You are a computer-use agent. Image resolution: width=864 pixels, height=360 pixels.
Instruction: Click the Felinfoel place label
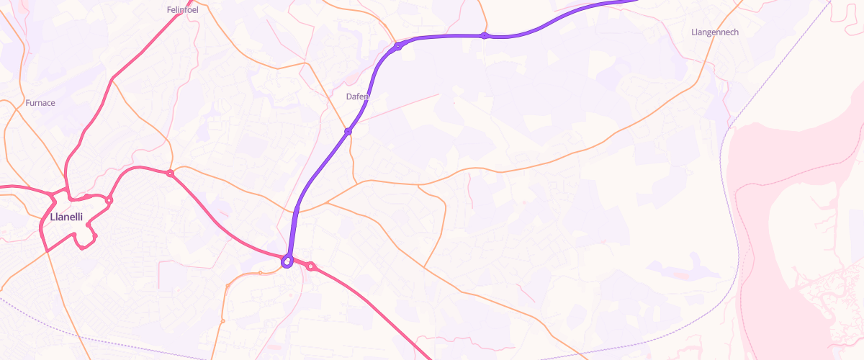coord(182,10)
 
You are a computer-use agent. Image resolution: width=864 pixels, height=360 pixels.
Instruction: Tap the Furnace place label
coord(40,103)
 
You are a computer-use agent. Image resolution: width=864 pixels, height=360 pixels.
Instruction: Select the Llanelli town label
coord(66,217)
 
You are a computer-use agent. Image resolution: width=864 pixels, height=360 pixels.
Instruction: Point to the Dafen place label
coord(358,96)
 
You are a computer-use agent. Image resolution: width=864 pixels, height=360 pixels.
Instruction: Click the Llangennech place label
coord(714,32)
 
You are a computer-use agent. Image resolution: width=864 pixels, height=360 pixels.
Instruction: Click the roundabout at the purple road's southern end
coord(287,261)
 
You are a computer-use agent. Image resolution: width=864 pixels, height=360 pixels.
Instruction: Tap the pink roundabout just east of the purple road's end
coord(311,266)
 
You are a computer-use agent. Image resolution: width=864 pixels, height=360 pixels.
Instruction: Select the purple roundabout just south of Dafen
coord(348,131)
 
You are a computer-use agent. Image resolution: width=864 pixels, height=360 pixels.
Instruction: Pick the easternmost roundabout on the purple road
coord(485,35)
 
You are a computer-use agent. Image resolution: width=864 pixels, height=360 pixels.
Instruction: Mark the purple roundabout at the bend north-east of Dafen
coord(397,47)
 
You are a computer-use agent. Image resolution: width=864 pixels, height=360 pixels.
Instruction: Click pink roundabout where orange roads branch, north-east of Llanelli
coord(171,174)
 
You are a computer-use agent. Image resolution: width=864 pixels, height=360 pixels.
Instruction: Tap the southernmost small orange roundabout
coord(223,320)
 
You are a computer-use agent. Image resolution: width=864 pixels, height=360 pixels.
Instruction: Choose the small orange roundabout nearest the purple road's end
coord(260,273)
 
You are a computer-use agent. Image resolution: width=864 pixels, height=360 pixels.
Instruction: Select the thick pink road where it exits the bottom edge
coord(428,357)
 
